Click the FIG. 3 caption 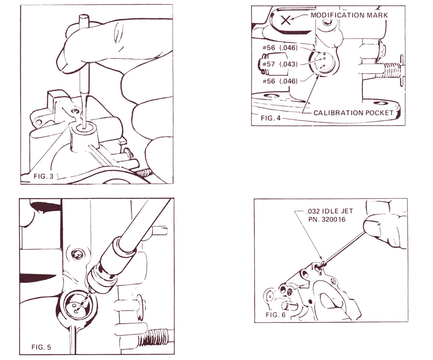[43, 176]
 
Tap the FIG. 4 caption [270, 118]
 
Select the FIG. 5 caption [41, 347]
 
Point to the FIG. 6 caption [276, 315]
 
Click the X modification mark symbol [285, 20]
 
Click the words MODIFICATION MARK [349, 15]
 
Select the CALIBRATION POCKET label [354, 113]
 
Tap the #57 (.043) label [280, 64]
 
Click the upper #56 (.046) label [280, 48]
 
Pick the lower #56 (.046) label [280, 81]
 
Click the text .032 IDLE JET [330, 211]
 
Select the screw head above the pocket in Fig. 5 [77, 255]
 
